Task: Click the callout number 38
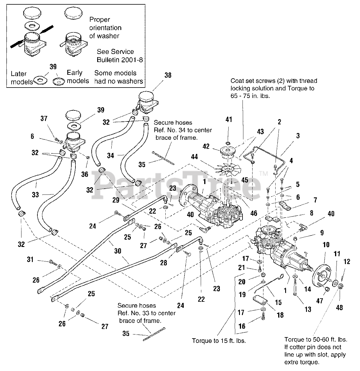pyautogui.click(x=168, y=75)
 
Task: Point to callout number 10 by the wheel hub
pyautogui.click(x=326, y=245)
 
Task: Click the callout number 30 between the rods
pyautogui.click(x=117, y=251)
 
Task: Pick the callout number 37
pyautogui.click(x=44, y=119)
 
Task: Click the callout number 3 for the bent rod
pyautogui.click(x=298, y=136)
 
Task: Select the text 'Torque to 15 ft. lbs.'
pyautogui.click(x=219, y=341)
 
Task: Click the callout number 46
pyautogui.click(x=254, y=214)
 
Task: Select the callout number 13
pyautogui.click(x=308, y=309)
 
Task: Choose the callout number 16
pyautogui.click(x=242, y=326)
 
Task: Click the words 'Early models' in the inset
pyautogui.click(x=78, y=77)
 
